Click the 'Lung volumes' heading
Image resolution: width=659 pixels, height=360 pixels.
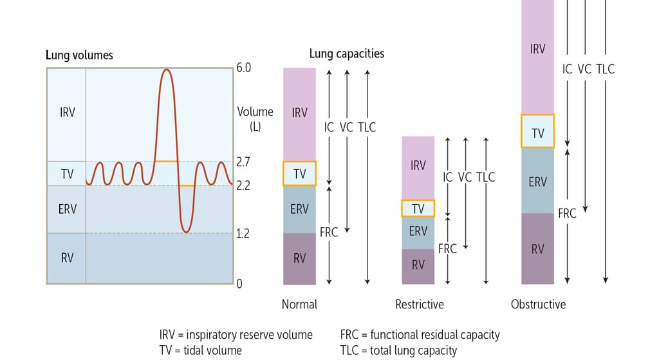point(80,55)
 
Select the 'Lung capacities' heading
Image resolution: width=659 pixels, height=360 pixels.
point(347,53)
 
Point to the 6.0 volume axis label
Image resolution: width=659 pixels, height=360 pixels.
point(243,68)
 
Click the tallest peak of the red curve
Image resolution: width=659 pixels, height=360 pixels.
point(166,70)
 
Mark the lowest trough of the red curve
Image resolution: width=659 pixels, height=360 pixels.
point(185,231)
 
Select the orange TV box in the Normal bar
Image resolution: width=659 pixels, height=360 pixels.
point(299,173)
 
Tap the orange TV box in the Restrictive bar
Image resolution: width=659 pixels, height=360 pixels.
point(418,208)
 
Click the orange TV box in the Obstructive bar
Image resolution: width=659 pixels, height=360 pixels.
point(537,131)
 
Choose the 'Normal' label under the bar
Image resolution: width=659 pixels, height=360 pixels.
point(299,304)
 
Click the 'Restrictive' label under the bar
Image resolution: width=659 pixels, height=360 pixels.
point(419,304)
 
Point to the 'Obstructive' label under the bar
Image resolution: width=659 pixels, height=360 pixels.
point(538,304)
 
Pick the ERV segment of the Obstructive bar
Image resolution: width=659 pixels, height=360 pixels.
point(537,181)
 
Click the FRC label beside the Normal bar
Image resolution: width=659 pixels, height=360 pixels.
point(329,232)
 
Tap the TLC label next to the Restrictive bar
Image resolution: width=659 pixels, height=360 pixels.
point(486,176)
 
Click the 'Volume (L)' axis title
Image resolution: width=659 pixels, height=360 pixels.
point(255,118)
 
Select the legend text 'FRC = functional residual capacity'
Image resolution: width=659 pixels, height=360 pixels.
point(420,335)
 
